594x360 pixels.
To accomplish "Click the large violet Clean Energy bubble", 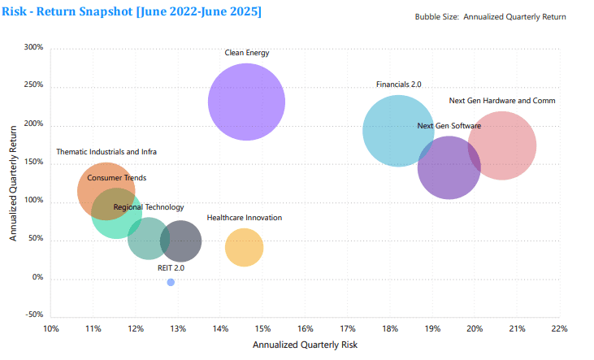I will (246, 102).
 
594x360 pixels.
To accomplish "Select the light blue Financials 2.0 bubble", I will (397, 130).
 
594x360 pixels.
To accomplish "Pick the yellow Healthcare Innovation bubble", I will (244, 248).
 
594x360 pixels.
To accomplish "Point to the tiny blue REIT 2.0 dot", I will (171, 282).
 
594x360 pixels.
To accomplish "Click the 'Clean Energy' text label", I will (247, 54).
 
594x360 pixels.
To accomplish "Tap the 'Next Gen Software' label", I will (449, 126).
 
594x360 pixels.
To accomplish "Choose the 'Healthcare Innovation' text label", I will (245, 218).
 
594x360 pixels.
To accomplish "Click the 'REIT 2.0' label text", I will (171, 267).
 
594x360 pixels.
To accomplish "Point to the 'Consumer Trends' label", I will (117, 178).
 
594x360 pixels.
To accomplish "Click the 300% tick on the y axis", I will (33, 48).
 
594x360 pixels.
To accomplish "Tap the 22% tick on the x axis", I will (559, 329).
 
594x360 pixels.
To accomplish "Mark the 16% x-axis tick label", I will (306, 329).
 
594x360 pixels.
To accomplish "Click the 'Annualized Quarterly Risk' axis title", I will (305, 345).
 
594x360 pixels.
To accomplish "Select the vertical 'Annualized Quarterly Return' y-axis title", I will (14, 181).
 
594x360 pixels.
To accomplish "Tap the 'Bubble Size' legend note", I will (490, 16).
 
